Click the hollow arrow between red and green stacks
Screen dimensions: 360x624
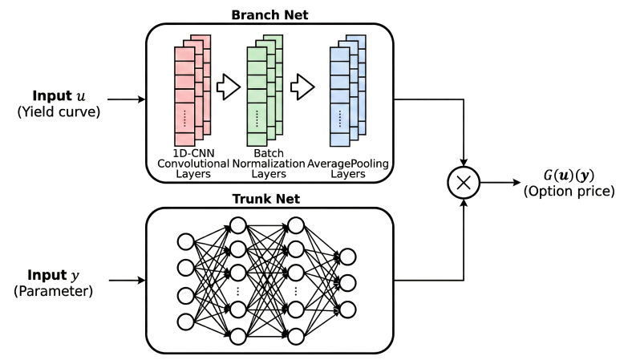point(229,87)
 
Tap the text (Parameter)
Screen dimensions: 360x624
point(53,292)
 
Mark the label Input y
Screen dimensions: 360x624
point(53,273)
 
